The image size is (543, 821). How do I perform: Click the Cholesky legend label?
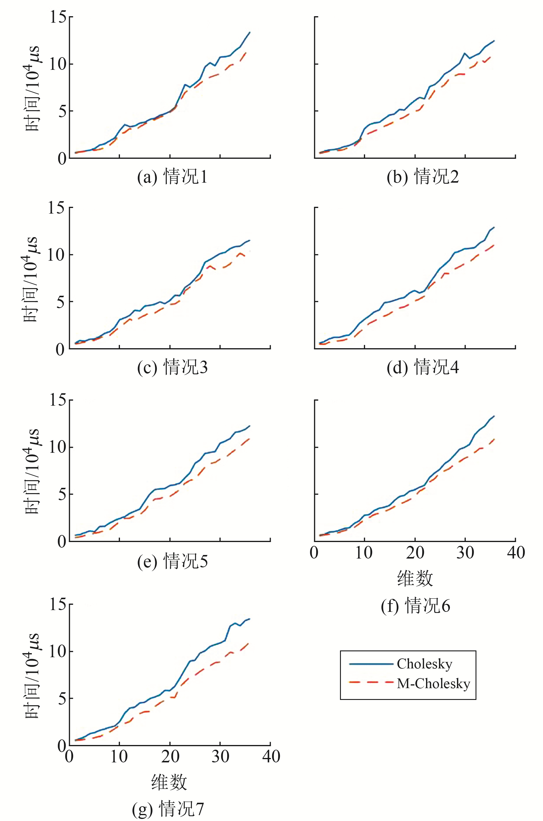click(424, 664)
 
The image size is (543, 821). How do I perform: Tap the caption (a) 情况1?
click(172, 177)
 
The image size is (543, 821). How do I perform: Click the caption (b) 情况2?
click(422, 177)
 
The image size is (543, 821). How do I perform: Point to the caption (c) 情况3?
click(172, 367)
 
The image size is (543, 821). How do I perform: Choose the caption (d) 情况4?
click(422, 367)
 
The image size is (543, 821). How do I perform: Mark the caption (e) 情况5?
click(172, 561)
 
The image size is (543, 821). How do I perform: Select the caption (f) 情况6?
click(415, 606)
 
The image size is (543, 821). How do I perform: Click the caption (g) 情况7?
click(168, 809)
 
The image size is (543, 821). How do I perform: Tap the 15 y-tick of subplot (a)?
click(57, 16)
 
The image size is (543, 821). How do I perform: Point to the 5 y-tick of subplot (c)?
click(61, 302)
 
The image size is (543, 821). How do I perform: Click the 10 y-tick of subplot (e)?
click(57, 447)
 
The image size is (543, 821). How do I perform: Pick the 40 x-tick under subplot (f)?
click(516, 553)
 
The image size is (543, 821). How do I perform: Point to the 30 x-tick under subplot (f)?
click(465, 553)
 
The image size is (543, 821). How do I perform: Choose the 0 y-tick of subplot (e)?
click(62, 541)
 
